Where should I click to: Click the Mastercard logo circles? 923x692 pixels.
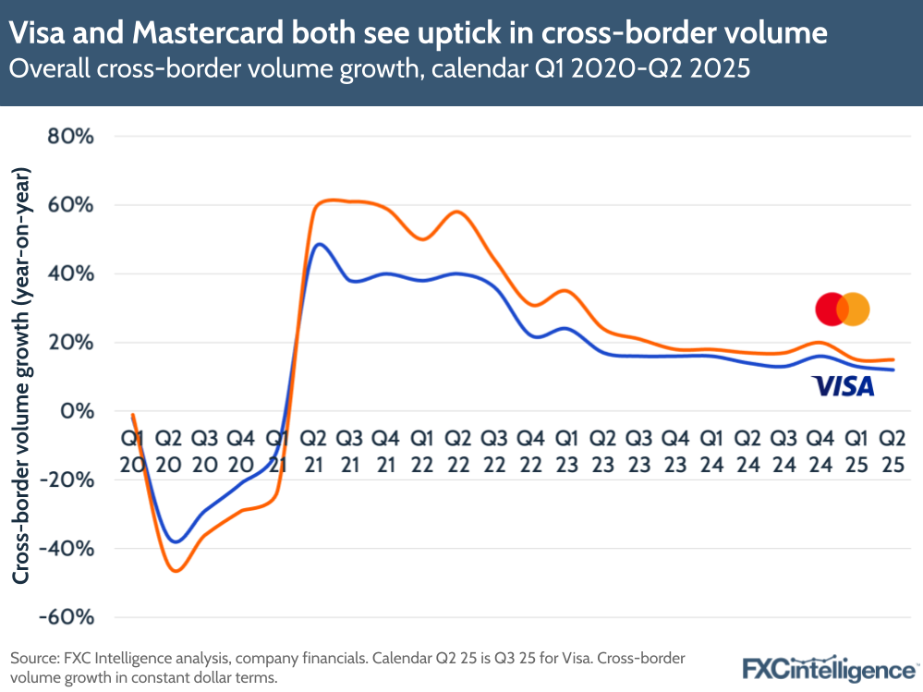[842, 309]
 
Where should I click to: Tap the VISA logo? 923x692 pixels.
[843, 386]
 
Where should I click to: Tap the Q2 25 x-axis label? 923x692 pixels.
[891, 450]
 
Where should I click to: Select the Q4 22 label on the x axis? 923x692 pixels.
[529, 450]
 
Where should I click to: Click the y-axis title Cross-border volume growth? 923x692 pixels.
[20, 376]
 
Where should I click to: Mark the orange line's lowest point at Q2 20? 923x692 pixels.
[176, 571]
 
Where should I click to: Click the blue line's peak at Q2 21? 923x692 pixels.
[319, 245]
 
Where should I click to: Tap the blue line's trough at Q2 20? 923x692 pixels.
[176, 541]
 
